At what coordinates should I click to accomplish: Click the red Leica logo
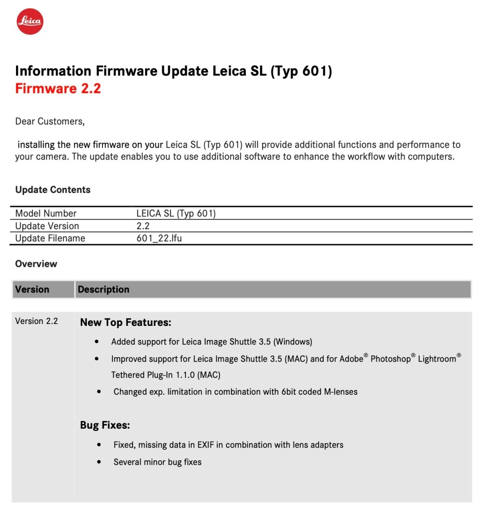click(x=30, y=21)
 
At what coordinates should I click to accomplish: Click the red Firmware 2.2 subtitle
click(x=58, y=88)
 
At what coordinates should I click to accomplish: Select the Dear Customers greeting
click(x=50, y=121)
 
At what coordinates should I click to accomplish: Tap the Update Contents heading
click(x=52, y=190)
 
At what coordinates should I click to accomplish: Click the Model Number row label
click(x=46, y=213)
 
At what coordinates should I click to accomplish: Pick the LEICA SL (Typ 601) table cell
click(x=176, y=213)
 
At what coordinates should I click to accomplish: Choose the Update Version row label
click(x=47, y=226)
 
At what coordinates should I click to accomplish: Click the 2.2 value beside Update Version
click(x=143, y=226)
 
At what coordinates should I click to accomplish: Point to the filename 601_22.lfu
click(x=159, y=238)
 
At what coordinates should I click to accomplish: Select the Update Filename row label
click(x=50, y=238)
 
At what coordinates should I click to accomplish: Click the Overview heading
click(x=36, y=264)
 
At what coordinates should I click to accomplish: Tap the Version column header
click(x=32, y=289)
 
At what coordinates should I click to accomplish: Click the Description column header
click(x=103, y=289)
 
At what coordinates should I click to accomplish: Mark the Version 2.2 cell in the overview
click(x=36, y=321)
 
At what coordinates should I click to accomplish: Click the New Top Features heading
click(x=125, y=323)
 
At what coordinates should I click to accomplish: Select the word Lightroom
click(x=437, y=359)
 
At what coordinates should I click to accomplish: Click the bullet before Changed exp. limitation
click(x=99, y=391)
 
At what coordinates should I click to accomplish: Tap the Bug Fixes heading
click(x=105, y=425)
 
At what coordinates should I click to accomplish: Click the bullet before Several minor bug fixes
click(x=99, y=462)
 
